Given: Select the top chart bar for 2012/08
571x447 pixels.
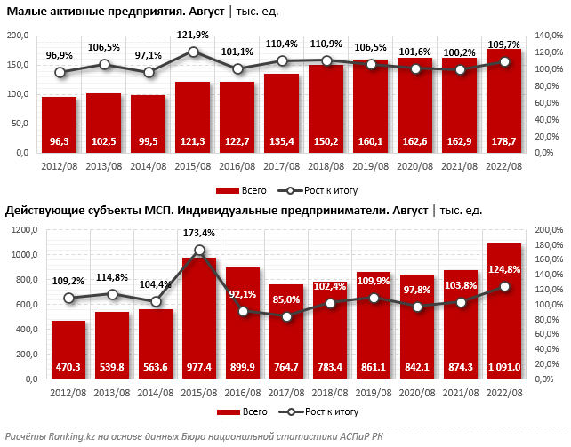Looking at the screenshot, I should point(59,124).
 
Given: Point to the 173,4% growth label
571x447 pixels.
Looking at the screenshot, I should point(199,233).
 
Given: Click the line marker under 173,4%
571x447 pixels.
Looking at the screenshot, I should point(199,251).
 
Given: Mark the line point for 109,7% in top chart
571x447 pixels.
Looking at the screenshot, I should point(504,61).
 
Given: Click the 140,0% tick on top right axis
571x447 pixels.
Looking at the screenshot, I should point(547,35).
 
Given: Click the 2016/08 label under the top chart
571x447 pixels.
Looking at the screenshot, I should point(237,165).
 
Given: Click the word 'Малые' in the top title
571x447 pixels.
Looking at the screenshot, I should point(25,12).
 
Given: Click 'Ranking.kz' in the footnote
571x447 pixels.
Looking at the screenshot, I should point(76,435).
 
